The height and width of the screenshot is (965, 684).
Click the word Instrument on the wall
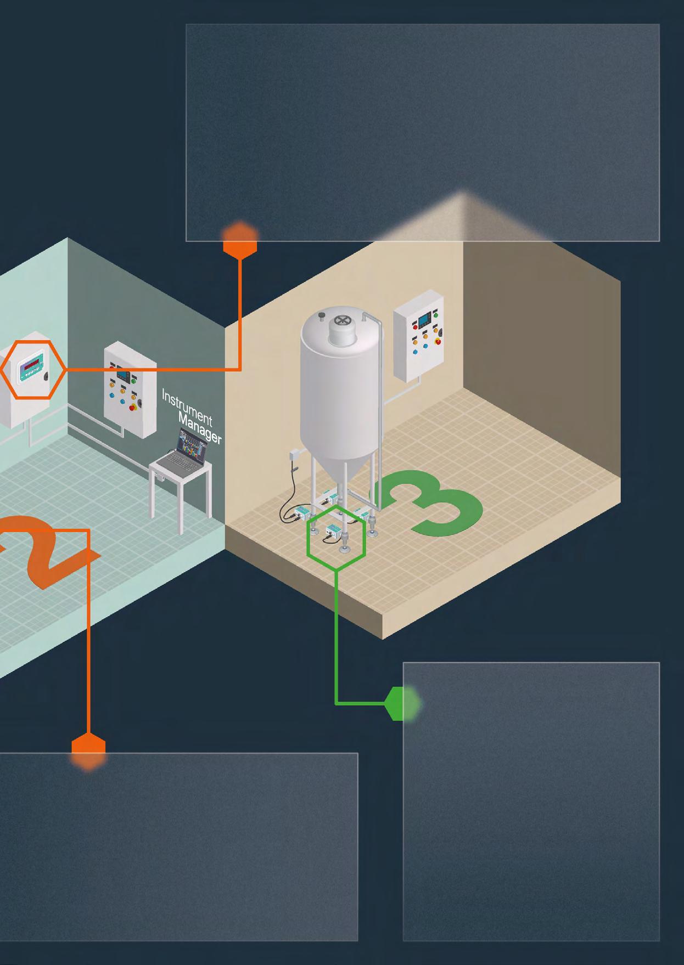(187, 407)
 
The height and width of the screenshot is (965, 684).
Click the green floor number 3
(434, 503)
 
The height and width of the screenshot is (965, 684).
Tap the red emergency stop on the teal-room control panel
(133, 408)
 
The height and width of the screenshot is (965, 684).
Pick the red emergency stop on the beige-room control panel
(437, 341)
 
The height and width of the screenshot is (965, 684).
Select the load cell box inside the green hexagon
(334, 531)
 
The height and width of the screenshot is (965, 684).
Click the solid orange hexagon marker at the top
(240, 240)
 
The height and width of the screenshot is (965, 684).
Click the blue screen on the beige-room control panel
(424, 319)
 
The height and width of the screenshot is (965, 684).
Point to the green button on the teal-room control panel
(134, 379)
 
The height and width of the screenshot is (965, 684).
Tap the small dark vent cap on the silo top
(322, 314)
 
